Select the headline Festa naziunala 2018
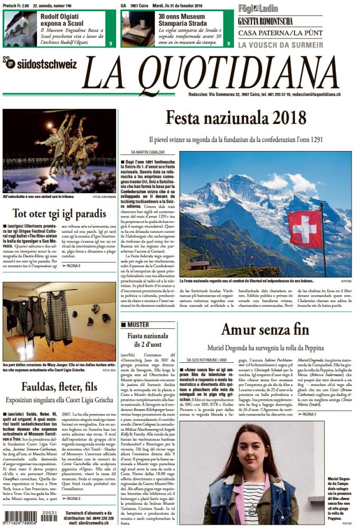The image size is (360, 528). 235,117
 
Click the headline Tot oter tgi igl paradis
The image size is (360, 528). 61,214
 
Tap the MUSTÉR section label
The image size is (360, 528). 135,325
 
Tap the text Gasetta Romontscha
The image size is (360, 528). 265,22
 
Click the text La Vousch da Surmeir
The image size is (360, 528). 280,45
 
